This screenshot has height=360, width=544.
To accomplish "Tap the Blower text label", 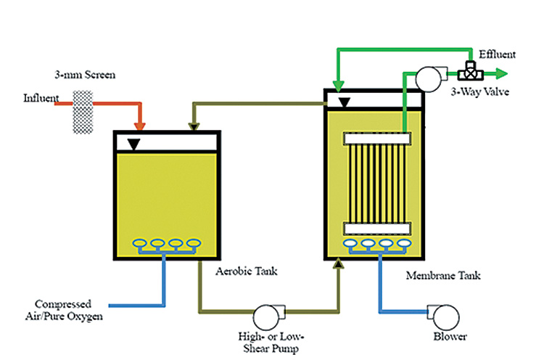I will click(x=450, y=336).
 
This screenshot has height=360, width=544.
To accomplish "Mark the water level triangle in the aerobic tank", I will click(x=133, y=145).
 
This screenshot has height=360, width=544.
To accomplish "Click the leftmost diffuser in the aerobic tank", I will click(x=137, y=243).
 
